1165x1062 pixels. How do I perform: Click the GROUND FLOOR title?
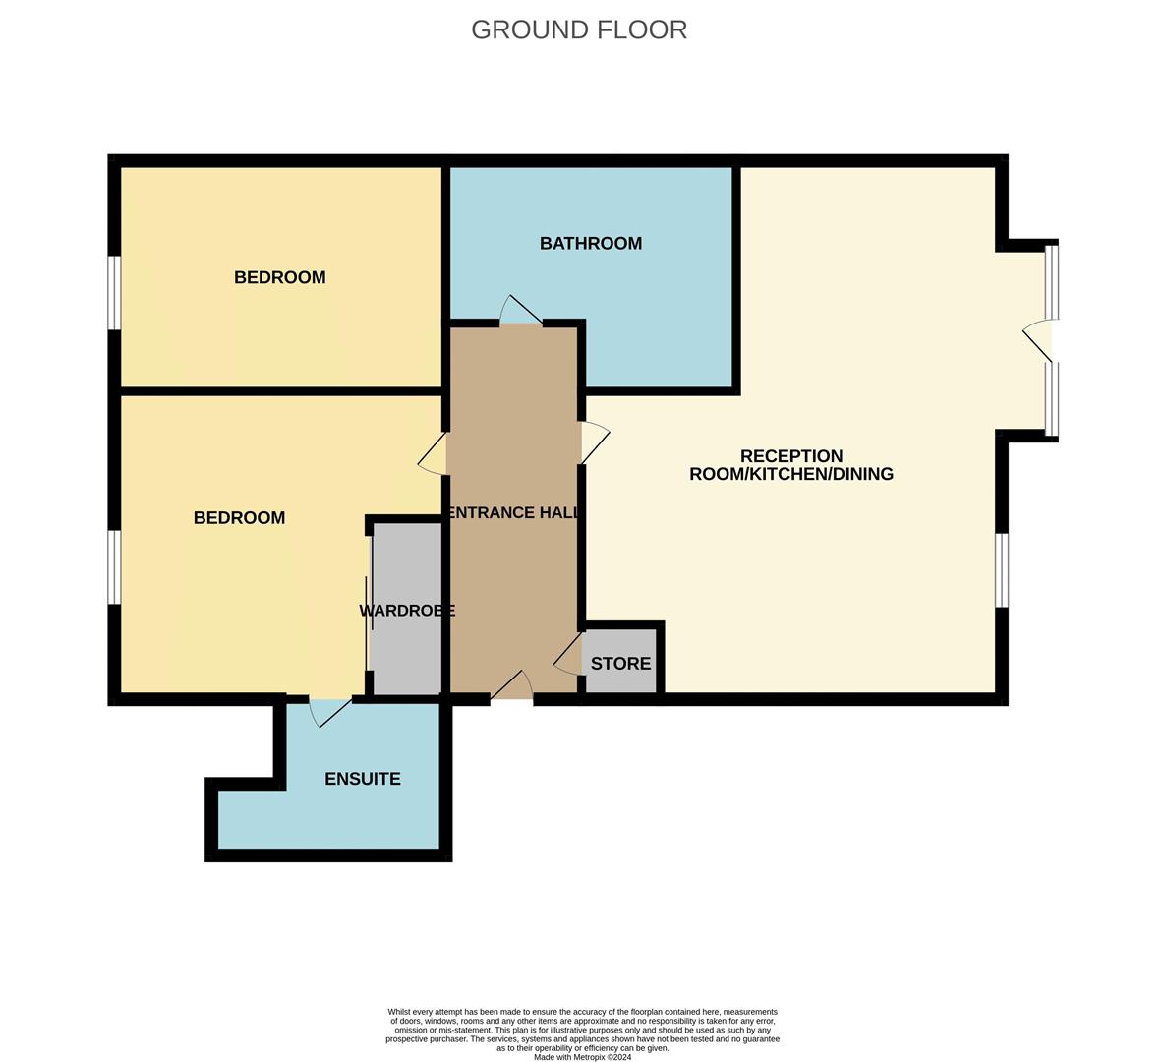[578, 29]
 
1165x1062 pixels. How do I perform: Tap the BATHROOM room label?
[590, 243]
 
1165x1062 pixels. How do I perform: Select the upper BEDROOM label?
[279, 277]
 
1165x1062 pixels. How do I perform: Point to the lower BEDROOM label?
[239, 517]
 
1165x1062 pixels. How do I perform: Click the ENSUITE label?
[362, 779]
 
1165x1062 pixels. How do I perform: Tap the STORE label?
[620, 664]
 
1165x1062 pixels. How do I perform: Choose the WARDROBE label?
[406, 611]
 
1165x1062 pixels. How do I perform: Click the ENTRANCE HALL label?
[512, 512]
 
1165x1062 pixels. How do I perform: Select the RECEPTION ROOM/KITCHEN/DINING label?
[791, 465]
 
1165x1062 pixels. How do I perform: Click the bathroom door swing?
[519, 310]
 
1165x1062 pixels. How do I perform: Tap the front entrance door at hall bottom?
[512, 686]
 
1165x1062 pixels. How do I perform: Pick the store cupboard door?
[568, 654]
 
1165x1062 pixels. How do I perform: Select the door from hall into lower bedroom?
[434, 455]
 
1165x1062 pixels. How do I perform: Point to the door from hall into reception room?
[595, 442]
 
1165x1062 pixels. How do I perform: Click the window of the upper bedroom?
[114, 293]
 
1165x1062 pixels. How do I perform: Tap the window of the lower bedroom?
[114, 567]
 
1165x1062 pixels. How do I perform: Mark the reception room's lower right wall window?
[1001, 570]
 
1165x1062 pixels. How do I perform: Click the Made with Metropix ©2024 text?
[582, 1057]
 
